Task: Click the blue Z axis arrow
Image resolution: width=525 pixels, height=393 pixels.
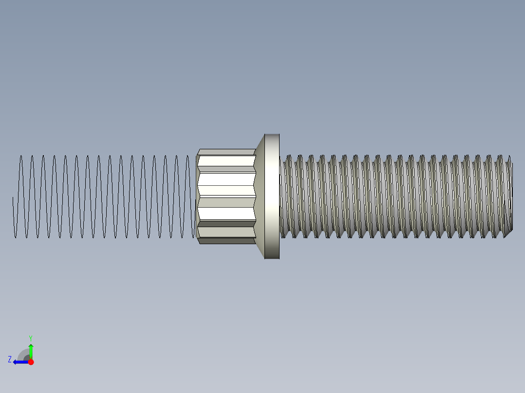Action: click(19, 362)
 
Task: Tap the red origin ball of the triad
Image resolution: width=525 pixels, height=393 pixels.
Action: click(31, 362)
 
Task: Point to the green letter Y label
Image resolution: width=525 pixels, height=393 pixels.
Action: click(30, 338)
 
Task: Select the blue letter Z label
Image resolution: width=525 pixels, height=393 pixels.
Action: click(10, 359)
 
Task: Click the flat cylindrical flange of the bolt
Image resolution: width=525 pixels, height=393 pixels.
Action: click(272, 196)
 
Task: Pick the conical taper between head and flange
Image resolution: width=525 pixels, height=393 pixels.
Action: click(260, 196)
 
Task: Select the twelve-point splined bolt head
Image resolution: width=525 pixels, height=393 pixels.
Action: click(226, 196)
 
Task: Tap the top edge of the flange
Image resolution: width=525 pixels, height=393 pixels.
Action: click(272, 135)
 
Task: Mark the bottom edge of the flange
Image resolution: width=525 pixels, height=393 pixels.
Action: click(272, 258)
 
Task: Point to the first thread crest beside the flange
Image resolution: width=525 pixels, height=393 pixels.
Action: click(287, 196)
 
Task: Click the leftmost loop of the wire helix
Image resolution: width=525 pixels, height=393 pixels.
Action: click(20, 196)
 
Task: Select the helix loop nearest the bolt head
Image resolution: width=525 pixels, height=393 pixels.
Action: click(189, 196)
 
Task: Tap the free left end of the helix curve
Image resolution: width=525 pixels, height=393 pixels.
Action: click(13, 198)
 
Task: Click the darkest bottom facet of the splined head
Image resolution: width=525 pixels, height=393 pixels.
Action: click(227, 240)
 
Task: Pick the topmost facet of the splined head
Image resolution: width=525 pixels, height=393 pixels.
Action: click(227, 152)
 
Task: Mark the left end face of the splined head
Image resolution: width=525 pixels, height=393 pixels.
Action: click(197, 196)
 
